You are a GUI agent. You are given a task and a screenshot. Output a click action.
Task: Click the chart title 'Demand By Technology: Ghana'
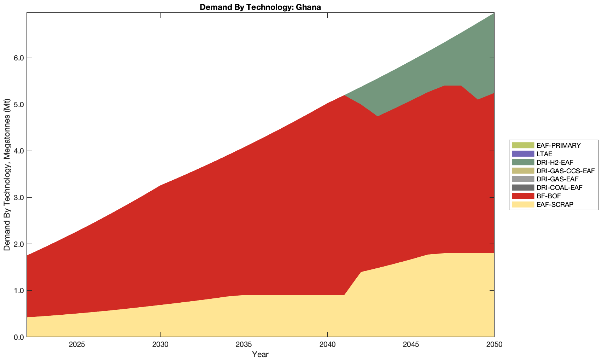tap(260, 7)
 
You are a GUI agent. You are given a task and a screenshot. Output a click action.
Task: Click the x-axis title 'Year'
tap(260, 354)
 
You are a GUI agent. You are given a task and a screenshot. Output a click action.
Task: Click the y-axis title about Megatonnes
tap(7, 175)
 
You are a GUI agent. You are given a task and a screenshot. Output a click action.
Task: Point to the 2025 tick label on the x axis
tap(77, 345)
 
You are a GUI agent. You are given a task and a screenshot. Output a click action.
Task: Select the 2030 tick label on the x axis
tap(160, 345)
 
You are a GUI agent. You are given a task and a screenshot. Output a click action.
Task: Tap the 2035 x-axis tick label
tap(244, 345)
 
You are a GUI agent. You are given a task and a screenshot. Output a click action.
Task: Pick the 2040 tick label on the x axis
tap(327, 345)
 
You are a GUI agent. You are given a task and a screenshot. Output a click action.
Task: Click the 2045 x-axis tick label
tap(411, 345)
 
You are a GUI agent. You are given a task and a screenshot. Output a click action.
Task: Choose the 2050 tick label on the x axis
tap(494, 345)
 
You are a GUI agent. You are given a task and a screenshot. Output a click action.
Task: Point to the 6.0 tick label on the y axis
tap(18, 58)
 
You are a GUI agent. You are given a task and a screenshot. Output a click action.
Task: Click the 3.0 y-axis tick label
tap(18, 198)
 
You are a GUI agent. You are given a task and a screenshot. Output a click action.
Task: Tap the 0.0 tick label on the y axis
tap(18, 337)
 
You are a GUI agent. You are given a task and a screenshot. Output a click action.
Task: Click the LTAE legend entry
tap(544, 154)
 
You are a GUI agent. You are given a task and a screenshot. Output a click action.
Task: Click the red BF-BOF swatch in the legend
tap(522, 196)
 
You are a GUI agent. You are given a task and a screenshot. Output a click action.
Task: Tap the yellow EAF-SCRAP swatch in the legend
tap(522, 204)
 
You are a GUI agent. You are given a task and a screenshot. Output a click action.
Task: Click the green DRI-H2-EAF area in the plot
tap(460, 64)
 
